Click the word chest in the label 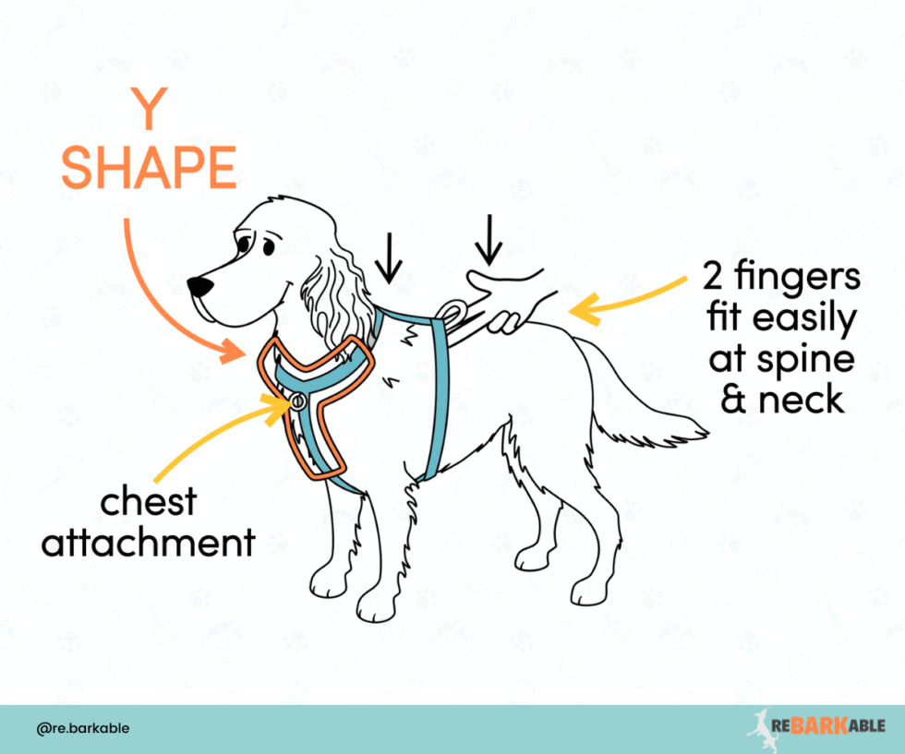tap(149, 502)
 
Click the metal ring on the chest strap tap(298, 401)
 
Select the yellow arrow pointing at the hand tap(619, 301)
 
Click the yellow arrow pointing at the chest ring tap(240, 425)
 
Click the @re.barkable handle tap(83, 728)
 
